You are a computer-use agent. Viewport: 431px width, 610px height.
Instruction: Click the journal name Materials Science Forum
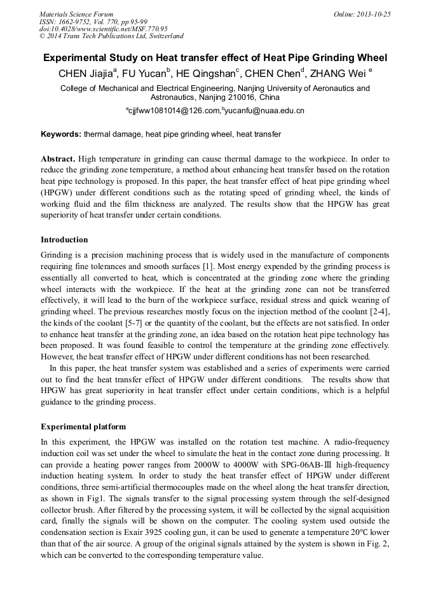tap(76, 14)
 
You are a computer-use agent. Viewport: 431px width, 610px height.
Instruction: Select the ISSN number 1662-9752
tap(75, 22)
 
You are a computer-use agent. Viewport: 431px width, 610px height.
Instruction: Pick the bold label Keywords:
tap(61, 135)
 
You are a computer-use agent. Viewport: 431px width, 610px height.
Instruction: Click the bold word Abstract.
tap(58, 158)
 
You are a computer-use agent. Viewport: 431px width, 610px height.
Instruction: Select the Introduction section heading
tap(64, 240)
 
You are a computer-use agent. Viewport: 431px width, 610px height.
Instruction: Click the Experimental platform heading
tap(83, 426)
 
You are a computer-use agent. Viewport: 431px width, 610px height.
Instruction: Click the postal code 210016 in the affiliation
tap(238, 98)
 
